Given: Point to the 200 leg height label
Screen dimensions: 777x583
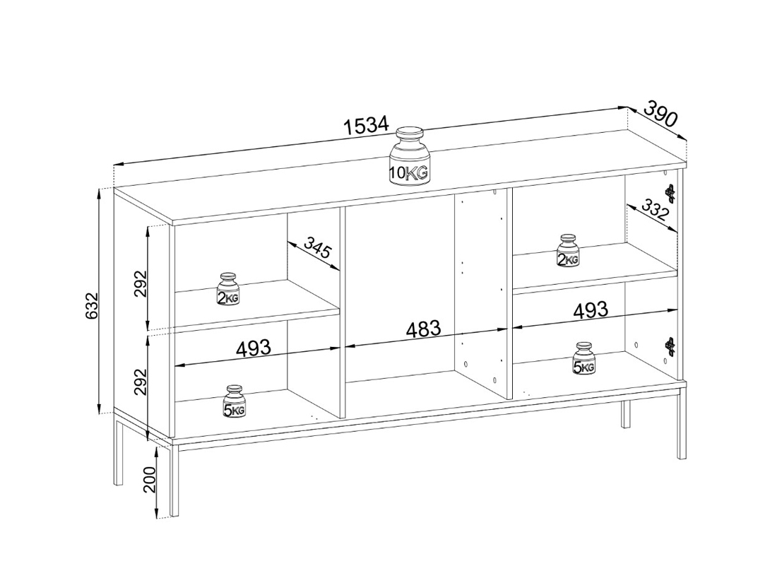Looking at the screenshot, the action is coord(150,480).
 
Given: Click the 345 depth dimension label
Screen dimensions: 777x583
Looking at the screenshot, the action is coord(317,248).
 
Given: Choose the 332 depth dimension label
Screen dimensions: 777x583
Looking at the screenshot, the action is coord(655,210).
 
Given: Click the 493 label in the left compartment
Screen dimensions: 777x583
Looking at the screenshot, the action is coord(253,348).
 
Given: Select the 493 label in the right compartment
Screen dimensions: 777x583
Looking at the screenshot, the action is coord(591,310).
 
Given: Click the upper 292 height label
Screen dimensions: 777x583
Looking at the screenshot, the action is coord(141,283).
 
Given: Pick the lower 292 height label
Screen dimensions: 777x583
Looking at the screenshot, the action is coord(141,382).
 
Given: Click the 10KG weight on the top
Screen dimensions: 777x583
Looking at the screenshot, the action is coord(409,156).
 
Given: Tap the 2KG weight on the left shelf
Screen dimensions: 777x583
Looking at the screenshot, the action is coord(228,289).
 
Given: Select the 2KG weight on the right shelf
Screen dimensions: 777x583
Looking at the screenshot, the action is coord(568,250).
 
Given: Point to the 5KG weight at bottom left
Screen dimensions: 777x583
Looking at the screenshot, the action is coord(235,401).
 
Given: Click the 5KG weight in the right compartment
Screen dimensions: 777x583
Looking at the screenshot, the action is coord(584,358).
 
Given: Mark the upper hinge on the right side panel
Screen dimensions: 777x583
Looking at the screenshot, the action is coord(670,194).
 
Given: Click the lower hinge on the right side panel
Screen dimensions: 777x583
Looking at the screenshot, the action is coord(670,346).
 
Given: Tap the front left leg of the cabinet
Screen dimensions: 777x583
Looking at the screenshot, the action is coord(174,480).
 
